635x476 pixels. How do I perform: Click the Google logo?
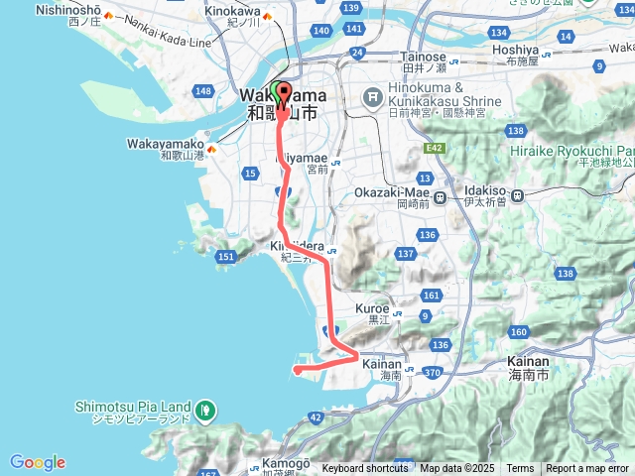[x=38, y=462]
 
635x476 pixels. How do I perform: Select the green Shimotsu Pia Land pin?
[x=205, y=408]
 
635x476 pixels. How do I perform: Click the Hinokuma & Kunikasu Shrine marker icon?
[x=373, y=97]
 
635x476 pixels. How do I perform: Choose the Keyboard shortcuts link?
[x=364, y=469]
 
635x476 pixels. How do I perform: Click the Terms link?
[x=520, y=469]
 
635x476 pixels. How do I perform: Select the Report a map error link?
[x=588, y=469]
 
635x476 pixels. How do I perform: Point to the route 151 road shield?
[x=226, y=258]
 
